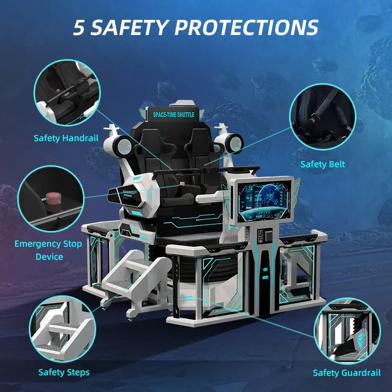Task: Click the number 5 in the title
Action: pyautogui.click(x=79, y=27)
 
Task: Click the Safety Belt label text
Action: pyautogui.click(x=322, y=164)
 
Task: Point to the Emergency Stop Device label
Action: pyautogui.click(x=48, y=250)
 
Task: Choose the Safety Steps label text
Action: pyautogui.click(x=64, y=372)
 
